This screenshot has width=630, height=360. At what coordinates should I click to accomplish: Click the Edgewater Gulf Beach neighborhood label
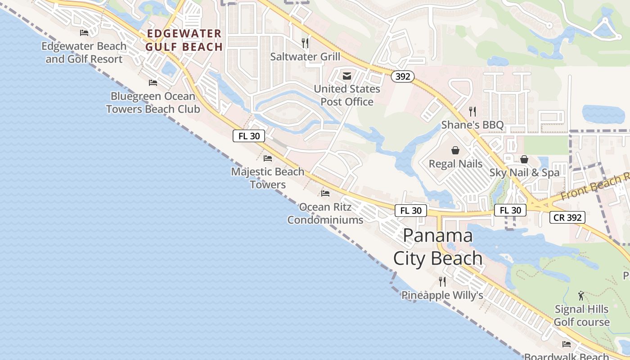[184, 40]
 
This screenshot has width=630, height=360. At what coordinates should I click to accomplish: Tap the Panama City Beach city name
[438, 247]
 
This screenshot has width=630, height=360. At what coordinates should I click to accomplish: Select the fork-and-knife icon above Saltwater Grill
[305, 43]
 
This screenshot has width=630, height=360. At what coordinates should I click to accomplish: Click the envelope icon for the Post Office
[347, 76]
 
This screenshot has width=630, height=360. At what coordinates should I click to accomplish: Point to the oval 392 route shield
[402, 76]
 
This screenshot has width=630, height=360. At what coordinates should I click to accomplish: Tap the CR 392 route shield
[567, 218]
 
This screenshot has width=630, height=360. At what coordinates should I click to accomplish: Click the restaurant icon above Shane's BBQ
[472, 112]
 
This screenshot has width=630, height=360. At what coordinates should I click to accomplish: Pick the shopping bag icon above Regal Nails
[455, 150]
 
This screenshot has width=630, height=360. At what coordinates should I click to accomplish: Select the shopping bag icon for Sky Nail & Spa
[524, 159]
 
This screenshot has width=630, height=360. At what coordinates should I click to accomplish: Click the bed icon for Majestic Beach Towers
[268, 158]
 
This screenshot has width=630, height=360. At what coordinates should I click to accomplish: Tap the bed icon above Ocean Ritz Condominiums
[325, 193]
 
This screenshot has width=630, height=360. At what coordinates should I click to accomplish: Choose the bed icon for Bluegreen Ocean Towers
[153, 83]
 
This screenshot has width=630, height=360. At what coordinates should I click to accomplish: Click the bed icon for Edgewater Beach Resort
[84, 33]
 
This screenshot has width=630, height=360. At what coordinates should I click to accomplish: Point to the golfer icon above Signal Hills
[581, 296]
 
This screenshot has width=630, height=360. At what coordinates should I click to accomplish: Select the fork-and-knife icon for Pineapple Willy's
[442, 282]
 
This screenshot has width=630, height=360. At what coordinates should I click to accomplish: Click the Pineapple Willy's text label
[442, 295]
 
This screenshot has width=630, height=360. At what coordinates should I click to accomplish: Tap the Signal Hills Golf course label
[581, 315]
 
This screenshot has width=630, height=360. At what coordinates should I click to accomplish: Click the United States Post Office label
[347, 95]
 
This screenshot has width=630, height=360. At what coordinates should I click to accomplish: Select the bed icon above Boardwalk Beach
[567, 344]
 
